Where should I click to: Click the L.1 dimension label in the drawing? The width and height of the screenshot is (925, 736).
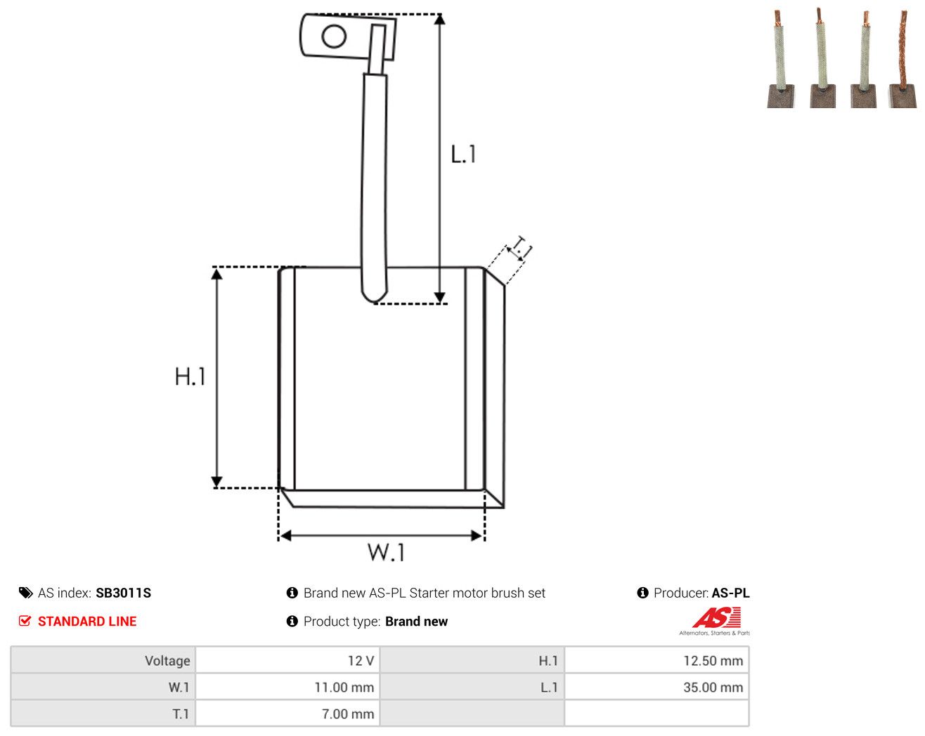(463, 154)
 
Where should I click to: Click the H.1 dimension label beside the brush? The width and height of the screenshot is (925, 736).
(190, 376)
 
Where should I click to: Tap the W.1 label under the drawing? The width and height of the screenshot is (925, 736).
(386, 552)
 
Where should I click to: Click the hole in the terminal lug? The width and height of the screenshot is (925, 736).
(334, 36)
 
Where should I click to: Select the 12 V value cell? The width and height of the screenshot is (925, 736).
(287, 660)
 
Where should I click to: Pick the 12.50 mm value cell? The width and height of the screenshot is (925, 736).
(656, 660)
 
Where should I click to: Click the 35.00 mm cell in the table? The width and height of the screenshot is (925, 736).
(656, 687)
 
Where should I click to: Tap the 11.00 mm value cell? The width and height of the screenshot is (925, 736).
(287, 687)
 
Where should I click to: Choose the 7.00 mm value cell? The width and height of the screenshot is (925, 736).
(287, 714)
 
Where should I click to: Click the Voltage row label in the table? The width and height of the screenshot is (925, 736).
(167, 660)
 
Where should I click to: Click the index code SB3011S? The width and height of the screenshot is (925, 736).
(124, 593)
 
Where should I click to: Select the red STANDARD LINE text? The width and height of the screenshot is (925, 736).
(87, 621)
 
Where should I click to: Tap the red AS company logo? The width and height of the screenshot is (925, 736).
(716, 617)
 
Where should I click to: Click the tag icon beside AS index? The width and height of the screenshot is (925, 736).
(26, 593)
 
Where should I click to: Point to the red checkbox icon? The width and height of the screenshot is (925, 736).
(25, 621)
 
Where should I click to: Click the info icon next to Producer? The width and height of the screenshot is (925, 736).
(642, 593)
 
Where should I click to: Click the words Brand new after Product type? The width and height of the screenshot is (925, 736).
(416, 621)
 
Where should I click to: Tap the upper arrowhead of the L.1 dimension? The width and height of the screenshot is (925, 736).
(439, 20)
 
